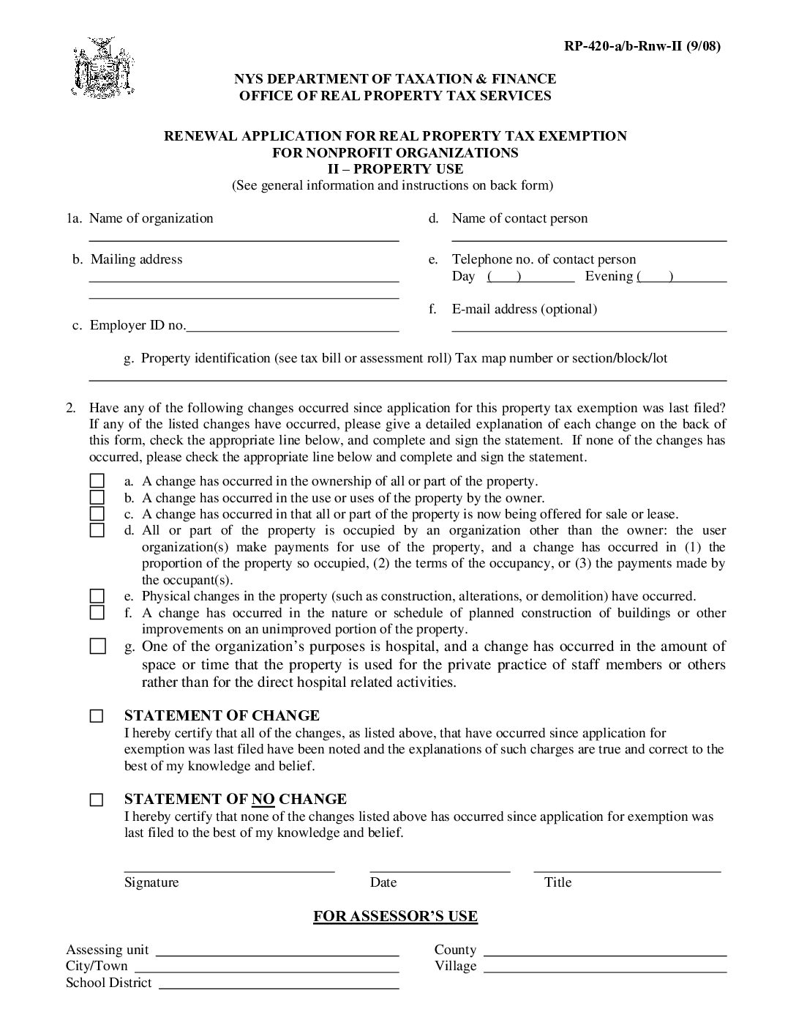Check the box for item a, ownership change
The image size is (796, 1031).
(x=97, y=481)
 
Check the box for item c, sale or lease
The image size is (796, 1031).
(x=97, y=514)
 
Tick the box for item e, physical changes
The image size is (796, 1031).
(x=97, y=596)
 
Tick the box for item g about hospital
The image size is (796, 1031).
(x=97, y=647)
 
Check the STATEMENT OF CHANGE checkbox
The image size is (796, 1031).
(x=97, y=716)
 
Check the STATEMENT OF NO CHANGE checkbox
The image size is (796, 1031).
(x=97, y=800)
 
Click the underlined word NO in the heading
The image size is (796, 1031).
(x=263, y=799)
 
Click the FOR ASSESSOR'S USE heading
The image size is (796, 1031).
(x=395, y=916)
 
